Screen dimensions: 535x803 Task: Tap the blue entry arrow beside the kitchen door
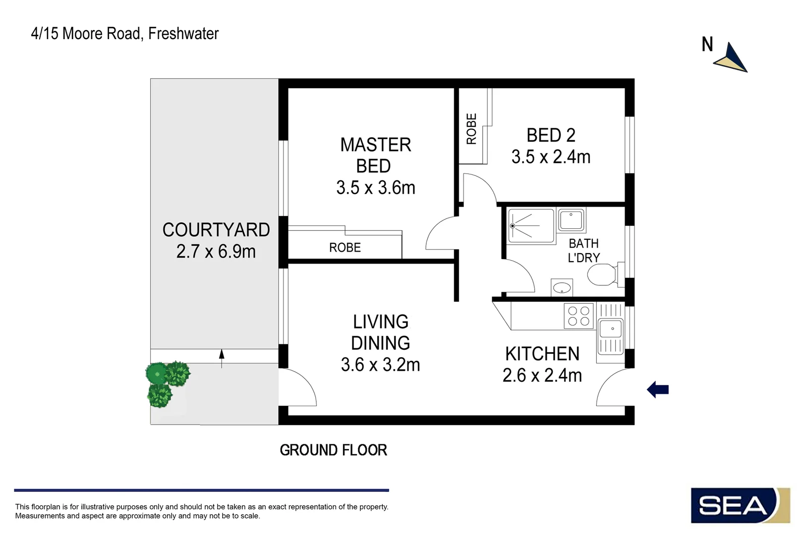pos(658,389)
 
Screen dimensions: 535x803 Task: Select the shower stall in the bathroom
pos(531,226)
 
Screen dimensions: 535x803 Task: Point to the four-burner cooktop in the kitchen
pos(578,316)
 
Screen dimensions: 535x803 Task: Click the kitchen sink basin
pos(611,328)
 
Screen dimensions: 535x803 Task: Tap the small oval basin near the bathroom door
pos(562,287)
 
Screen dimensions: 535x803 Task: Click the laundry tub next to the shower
pos(572,219)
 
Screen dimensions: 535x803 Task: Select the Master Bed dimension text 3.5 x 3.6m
pos(375,188)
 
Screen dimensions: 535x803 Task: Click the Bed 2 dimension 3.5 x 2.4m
pos(551,157)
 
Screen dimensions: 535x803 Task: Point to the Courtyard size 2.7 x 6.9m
pos(216,252)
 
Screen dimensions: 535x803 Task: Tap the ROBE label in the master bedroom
pos(345,247)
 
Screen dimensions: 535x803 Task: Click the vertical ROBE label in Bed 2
pos(471,129)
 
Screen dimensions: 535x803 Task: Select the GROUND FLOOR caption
pos(333,450)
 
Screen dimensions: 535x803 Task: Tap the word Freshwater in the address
pos(183,34)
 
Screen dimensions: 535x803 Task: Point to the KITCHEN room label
pos(542,354)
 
